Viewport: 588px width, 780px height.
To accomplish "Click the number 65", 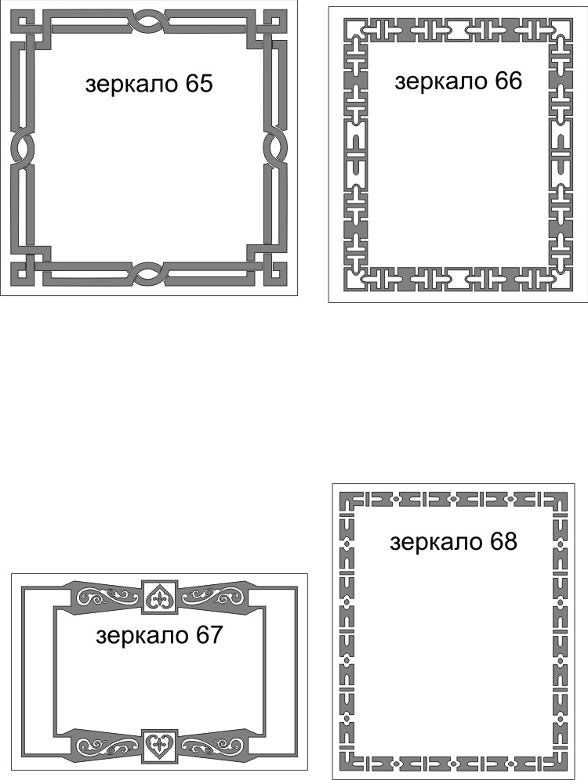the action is (x=198, y=84).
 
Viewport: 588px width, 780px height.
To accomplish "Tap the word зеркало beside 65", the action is (x=132, y=85).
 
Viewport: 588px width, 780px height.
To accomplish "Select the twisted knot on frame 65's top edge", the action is (x=148, y=22).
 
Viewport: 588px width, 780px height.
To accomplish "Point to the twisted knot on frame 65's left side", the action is (x=22, y=147).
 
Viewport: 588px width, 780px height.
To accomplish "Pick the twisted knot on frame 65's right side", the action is (x=274, y=147).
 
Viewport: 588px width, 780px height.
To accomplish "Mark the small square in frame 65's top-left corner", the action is (x=22, y=22).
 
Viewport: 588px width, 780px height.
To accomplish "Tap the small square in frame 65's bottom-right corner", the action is (x=274, y=273).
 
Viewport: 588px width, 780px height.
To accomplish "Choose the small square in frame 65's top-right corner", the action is (x=274, y=22).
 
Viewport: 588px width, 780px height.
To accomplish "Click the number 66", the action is (x=508, y=81).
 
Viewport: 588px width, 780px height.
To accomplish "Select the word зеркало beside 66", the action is (x=441, y=82).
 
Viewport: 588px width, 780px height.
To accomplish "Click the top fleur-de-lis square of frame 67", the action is (x=159, y=596).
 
